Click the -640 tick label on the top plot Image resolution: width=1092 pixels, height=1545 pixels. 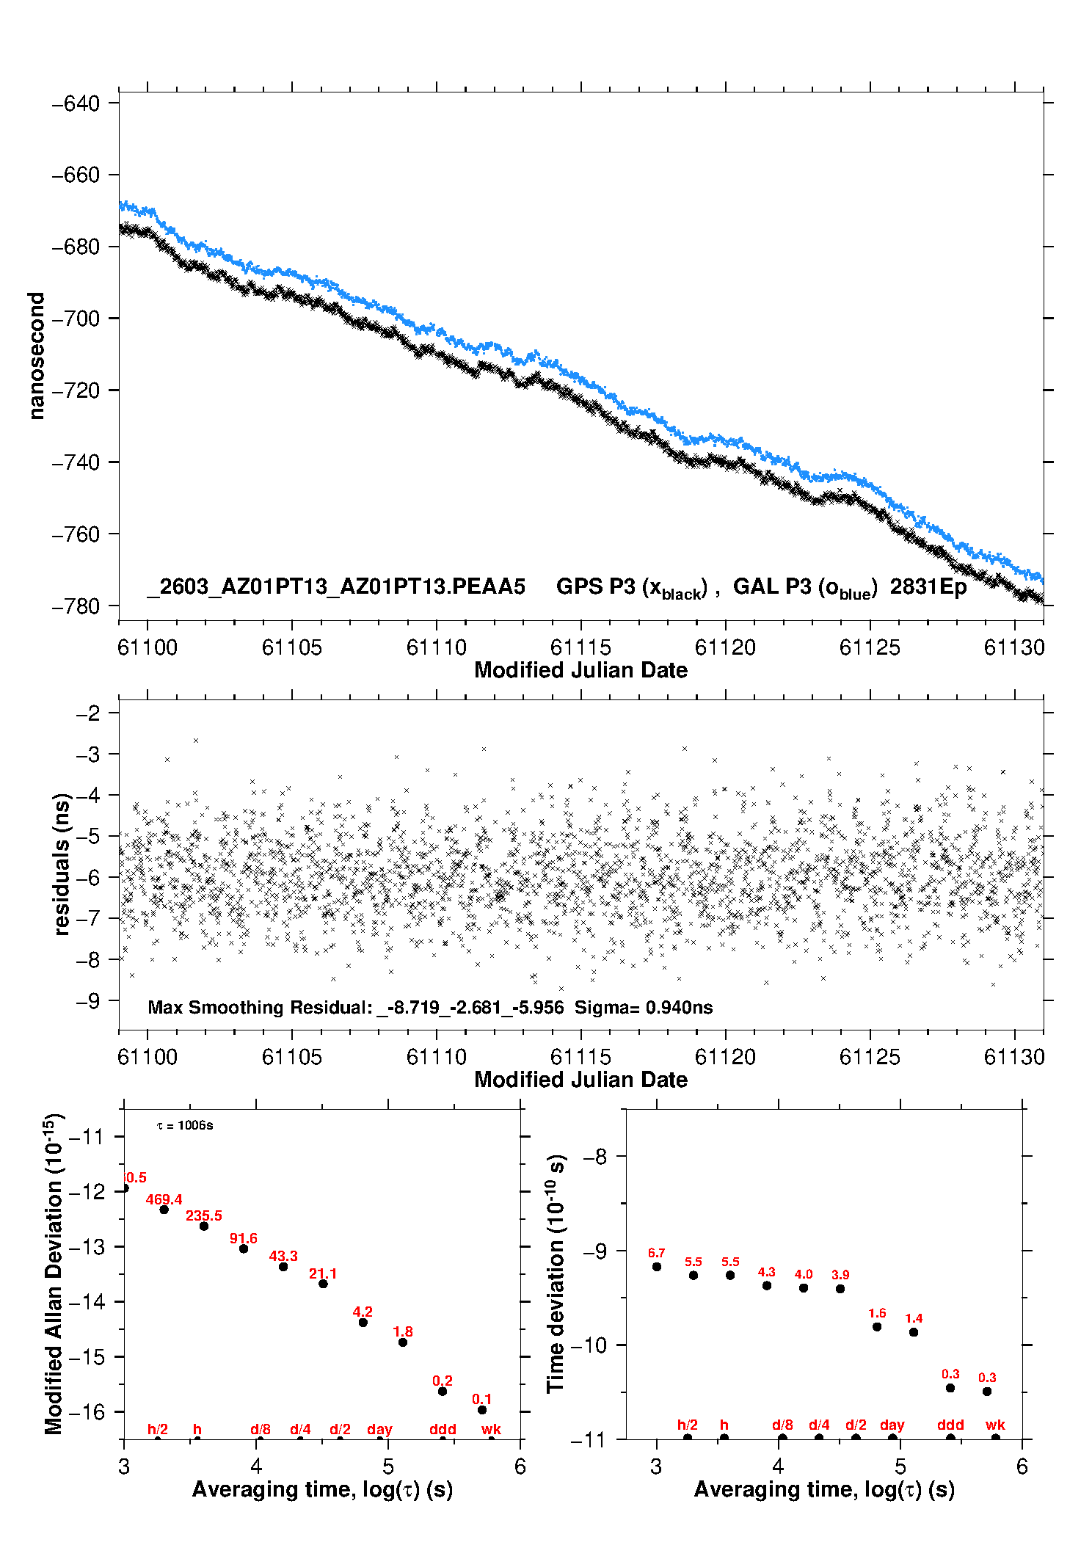point(76,103)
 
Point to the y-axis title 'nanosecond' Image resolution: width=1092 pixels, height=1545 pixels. point(36,356)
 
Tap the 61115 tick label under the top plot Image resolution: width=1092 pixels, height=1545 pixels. point(580,647)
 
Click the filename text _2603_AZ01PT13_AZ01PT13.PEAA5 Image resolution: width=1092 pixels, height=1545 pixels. point(336,587)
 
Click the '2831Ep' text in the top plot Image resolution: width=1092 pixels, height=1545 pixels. point(928,587)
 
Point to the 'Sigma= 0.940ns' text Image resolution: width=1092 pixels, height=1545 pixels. point(644,1008)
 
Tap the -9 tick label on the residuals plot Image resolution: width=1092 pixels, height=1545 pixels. point(88,1001)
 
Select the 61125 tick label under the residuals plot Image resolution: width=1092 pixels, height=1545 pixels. point(870,1057)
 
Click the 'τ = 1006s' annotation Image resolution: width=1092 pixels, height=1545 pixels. point(185,1126)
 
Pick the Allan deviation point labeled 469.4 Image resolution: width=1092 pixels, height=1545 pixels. point(164,1210)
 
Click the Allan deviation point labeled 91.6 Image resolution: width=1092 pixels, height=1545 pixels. point(244,1248)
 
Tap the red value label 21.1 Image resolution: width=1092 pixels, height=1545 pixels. point(323,1273)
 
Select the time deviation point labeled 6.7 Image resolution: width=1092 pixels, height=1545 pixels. point(657,1267)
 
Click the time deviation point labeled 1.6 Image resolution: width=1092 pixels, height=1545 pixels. point(877,1327)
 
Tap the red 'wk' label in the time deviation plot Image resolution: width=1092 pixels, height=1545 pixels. point(995,1425)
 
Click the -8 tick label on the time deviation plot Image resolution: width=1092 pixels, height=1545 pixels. point(595,1157)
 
